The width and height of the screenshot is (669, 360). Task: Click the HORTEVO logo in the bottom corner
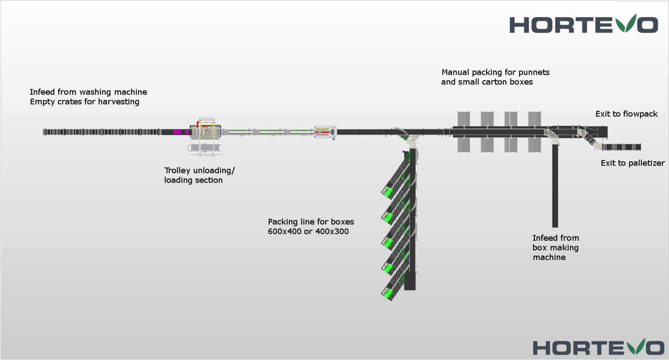click(598, 347)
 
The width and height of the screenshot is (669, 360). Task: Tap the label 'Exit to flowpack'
click(626, 114)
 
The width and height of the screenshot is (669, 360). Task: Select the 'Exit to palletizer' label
click(632, 163)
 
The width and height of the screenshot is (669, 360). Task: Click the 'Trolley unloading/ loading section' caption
click(199, 175)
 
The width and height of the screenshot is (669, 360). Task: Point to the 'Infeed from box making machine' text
click(555, 248)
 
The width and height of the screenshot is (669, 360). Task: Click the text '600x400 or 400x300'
click(308, 232)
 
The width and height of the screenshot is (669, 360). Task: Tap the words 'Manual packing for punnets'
click(495, 72)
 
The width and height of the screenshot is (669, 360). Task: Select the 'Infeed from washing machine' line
click(88, 92)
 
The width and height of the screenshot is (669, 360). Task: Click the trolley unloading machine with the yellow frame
click(205, 131)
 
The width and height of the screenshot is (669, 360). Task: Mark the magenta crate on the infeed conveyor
click(177, 132)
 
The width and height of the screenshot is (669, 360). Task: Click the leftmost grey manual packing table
click(464, 132)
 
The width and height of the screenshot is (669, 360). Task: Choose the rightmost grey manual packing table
click(534, 132)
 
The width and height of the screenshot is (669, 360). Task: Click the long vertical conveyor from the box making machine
click(555, 186)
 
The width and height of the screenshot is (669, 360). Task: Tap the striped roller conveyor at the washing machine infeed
click(102, 132)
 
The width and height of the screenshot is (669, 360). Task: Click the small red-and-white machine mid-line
click(325, 132)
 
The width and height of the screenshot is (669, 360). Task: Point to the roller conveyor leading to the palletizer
click(621, 147)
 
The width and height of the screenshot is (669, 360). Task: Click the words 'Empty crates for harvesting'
click(84, 102)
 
